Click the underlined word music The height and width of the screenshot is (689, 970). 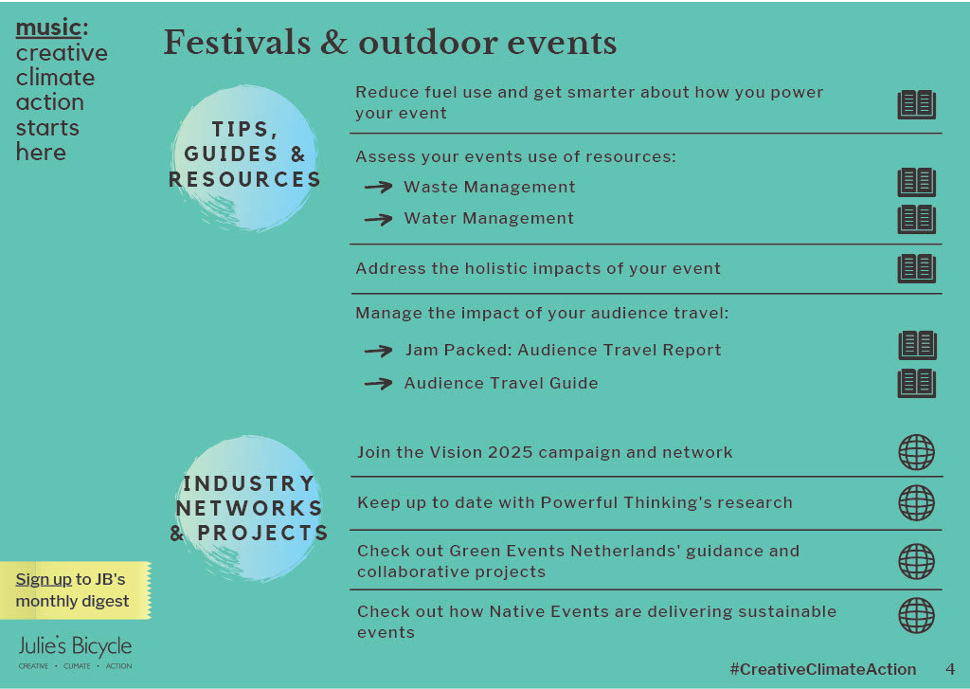pos(48,27)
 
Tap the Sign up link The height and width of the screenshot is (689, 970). pos(44,579)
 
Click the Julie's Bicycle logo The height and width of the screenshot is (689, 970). pos(75,651)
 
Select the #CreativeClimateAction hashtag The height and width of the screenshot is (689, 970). pos(823,669)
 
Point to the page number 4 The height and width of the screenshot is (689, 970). pos(950,669)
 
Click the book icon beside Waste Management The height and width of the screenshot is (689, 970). pos(916,182)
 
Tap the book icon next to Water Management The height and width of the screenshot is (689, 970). pos(916,219)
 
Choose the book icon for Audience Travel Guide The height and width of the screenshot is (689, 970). pos(916,383)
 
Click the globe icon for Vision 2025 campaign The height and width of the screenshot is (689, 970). pos(916,452)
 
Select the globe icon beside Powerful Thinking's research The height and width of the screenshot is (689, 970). pos(916,502)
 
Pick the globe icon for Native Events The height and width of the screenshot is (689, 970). pos(916,615)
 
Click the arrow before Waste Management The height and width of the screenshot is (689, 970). pos(379,187)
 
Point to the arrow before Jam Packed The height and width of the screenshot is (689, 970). pos(379,351)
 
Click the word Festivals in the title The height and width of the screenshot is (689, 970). pos(238,43)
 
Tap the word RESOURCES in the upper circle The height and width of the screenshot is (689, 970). pos(245,179)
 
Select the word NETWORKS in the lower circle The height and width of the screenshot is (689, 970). pos(249,508)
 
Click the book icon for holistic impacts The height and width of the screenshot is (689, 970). pos(916,268)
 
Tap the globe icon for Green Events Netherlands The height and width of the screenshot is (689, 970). pos(916,561)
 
